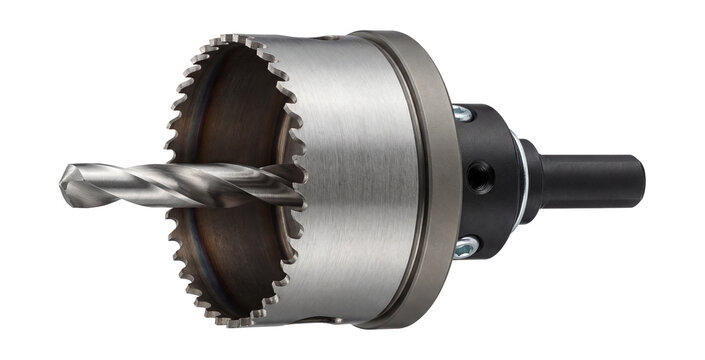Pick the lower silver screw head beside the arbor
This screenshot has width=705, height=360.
tap(465, 245)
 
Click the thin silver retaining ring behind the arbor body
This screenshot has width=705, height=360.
tap(517, 180)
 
